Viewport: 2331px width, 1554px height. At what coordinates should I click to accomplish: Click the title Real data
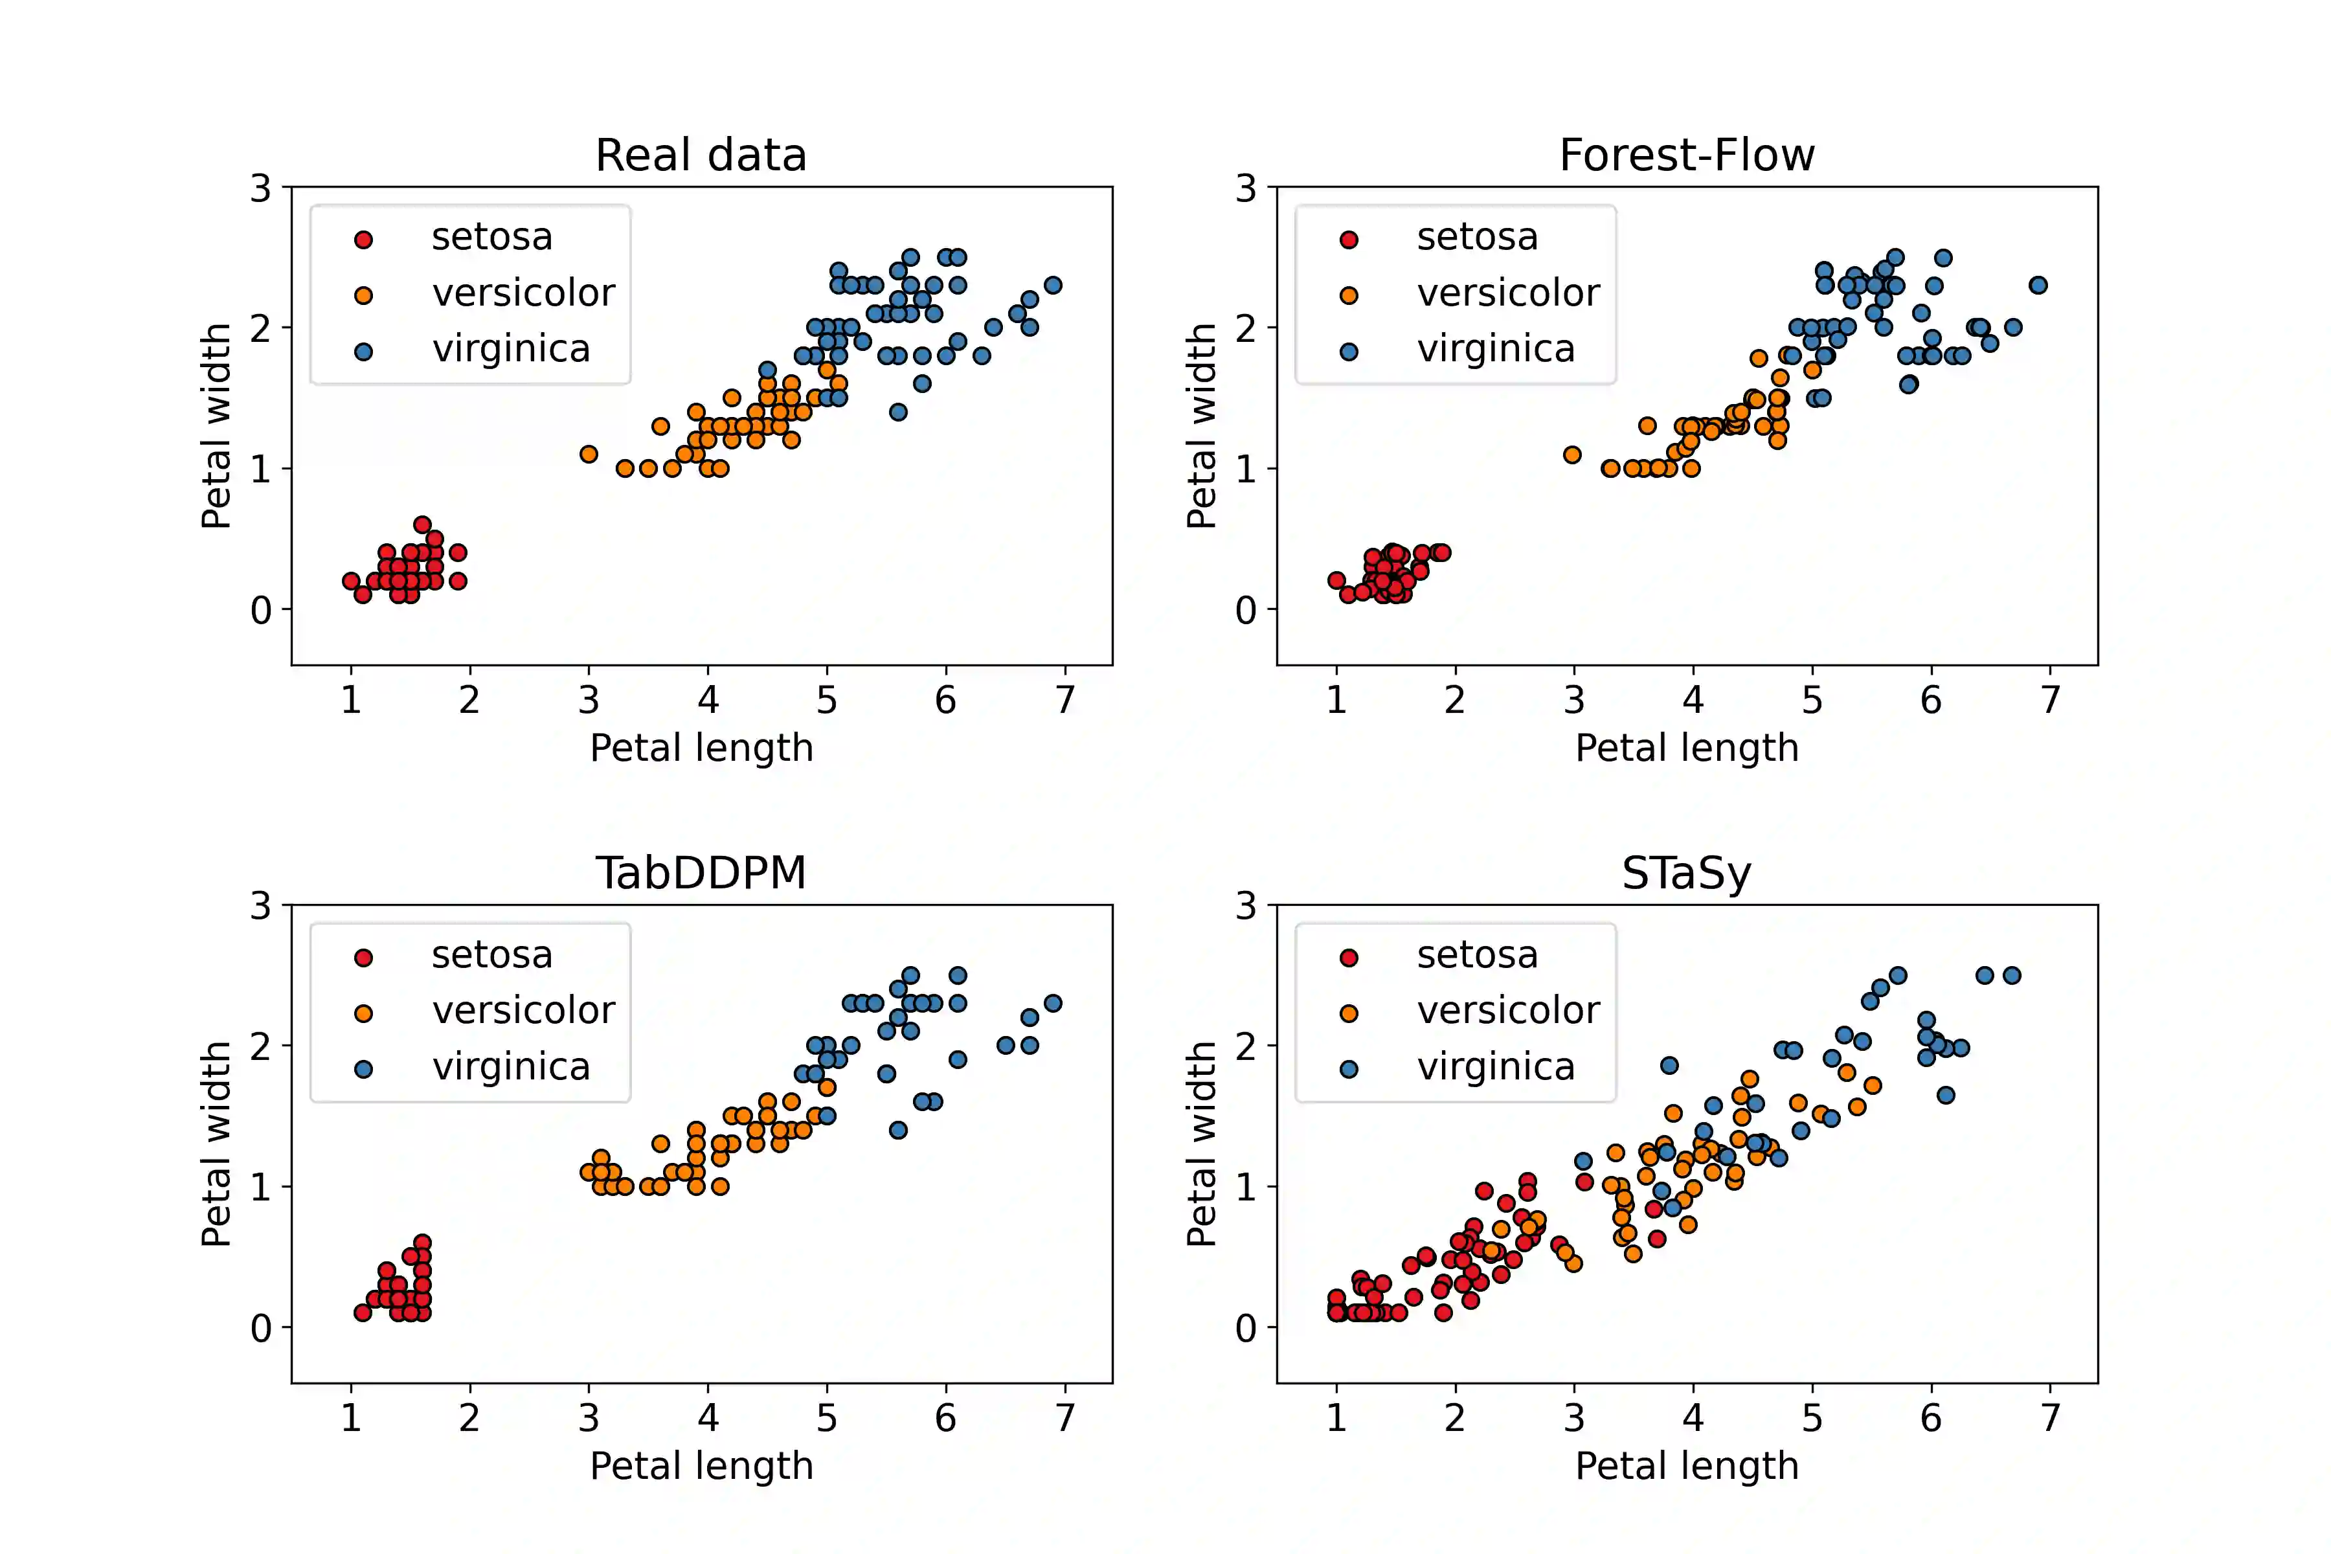coord(701,155)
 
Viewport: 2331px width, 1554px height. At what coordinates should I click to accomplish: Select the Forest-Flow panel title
coord(1687,155)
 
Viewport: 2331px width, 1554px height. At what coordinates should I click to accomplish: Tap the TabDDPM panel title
coord(701,873)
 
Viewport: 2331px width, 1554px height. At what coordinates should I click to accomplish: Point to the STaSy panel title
coord(1687,873)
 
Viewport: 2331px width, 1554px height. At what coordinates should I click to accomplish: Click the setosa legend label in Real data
coord(491,238)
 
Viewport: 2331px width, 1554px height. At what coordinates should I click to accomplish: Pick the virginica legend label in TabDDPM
coord(510,1067)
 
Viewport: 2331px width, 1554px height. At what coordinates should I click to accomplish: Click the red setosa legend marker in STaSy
coord(1349,958)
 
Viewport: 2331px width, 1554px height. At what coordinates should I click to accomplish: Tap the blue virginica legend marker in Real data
coord(364,351)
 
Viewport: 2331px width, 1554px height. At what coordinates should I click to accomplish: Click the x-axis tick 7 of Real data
coord(1065,701)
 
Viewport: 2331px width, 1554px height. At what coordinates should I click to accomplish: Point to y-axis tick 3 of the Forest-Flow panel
coord(1246,188)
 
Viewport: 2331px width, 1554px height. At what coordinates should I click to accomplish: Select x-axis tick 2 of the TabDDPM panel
coord(470,1418)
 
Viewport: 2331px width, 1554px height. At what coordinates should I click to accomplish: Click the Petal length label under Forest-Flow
coord(1687,749)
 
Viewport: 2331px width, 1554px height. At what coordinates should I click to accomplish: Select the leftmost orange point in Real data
coord(589,454)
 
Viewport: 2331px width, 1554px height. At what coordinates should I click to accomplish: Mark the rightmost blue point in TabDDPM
coord(1053,1003)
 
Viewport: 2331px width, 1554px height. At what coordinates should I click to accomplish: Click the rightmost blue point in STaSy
coord(2012,975)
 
